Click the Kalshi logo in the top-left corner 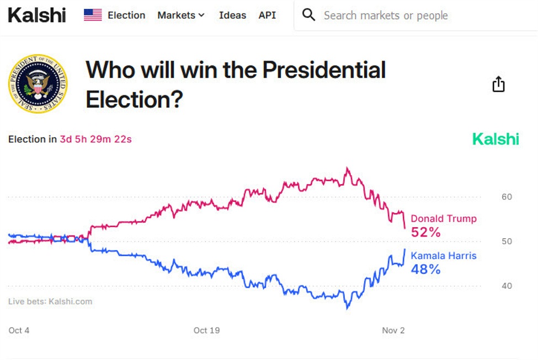click(x=37, y=15)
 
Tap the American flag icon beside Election click(x=93, y=15)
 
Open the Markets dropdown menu click(x=181, y=15)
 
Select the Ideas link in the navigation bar click(x=232, y=15)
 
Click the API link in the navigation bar click(x=267, y=15)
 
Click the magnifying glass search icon click(x=309, y=15)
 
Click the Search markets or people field click(x=386, y=15)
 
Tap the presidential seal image click(x=38, y=84)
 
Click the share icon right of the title click(x=498, y=84)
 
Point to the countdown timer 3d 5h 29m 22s click(x=95, y=139)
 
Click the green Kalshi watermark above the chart click(x=496, y=139)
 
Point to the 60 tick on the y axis click(x=507, y=197)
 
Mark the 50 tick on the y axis click(x=507, y=241)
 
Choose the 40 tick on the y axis click(x=507, y=286)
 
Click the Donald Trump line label click(x=444, y=219)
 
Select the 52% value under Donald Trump click(x=426, y=233)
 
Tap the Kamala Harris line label click(x=444, y=256)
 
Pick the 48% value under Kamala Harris click(x=426, y=270)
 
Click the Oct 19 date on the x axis click(x=207, y=330)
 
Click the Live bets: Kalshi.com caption click(x=50, y=302)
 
